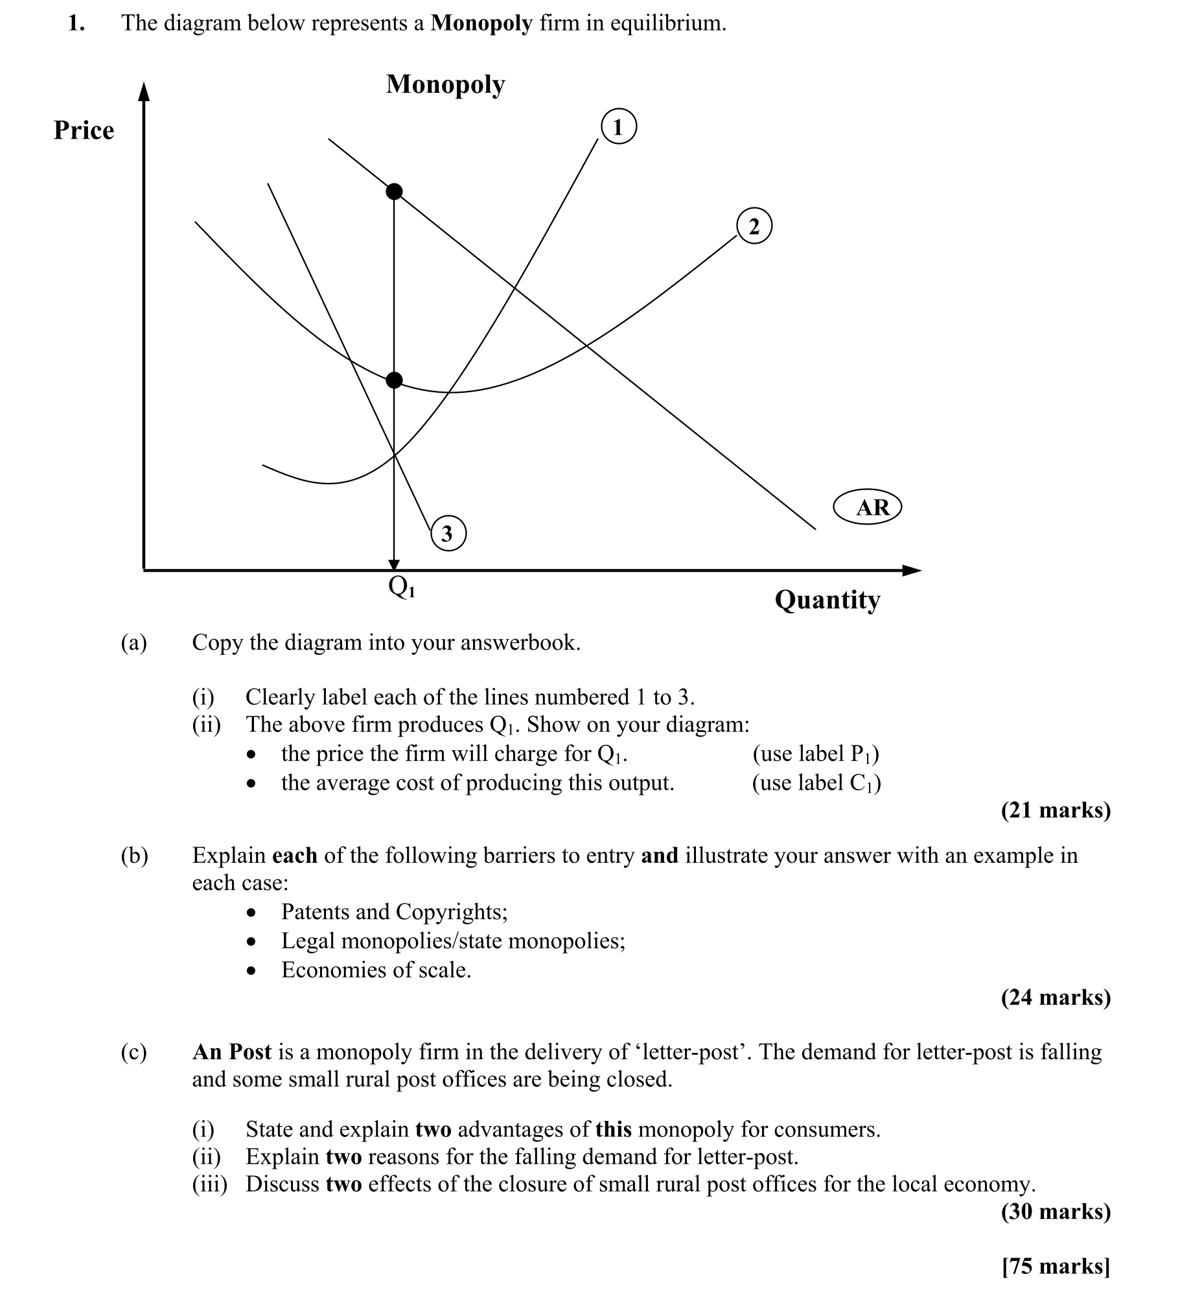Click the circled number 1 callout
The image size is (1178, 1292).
tap(619, 126)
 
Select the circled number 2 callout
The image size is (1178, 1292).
tap(754, 226)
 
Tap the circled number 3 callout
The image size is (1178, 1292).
tap(448, 533)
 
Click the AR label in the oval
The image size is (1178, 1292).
tap(867, 507)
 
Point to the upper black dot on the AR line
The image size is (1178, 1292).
tap(394, 191)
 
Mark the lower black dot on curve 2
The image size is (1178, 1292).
tap(394, 380)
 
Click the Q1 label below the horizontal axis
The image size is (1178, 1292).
tap(401, 587)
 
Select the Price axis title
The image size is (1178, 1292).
tap(84, 130)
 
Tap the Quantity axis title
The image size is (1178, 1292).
tap(827, 600)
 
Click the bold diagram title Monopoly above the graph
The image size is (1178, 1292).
tap(445, 84)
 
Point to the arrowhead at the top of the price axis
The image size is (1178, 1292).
tap(144, 92)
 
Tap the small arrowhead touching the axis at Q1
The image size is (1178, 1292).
tap(394, 565)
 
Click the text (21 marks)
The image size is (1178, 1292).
tap(1056, 810)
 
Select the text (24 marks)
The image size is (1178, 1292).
tap(1056, 996)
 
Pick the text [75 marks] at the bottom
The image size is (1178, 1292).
tap(1056, 1265)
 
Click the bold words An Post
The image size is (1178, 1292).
tap(231, 1051)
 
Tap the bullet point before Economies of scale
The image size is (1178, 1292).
tap(252, 970)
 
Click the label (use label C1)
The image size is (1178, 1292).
tap(816, 783)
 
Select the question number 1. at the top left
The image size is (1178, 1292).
tap(76, 23)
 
